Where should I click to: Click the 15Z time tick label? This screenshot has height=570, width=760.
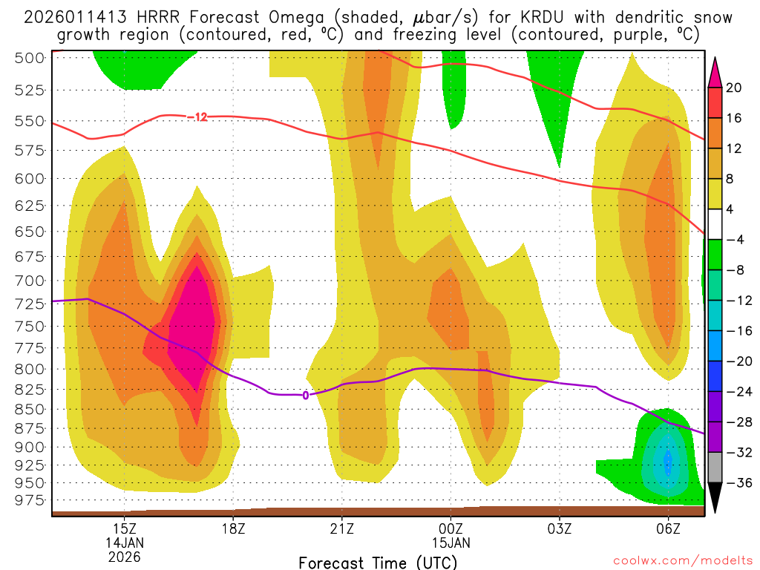tap(124, 528)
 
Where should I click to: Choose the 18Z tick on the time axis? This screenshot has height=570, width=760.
tap(233, 528)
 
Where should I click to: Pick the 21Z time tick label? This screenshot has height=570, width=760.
tap(342, 528)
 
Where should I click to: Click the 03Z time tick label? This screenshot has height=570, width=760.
tap(560, 528)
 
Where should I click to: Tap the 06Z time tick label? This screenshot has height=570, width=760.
tap(668, 528)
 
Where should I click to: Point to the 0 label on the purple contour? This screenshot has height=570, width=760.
tap(305, 396)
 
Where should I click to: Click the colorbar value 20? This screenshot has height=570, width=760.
tap(734, 88)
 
